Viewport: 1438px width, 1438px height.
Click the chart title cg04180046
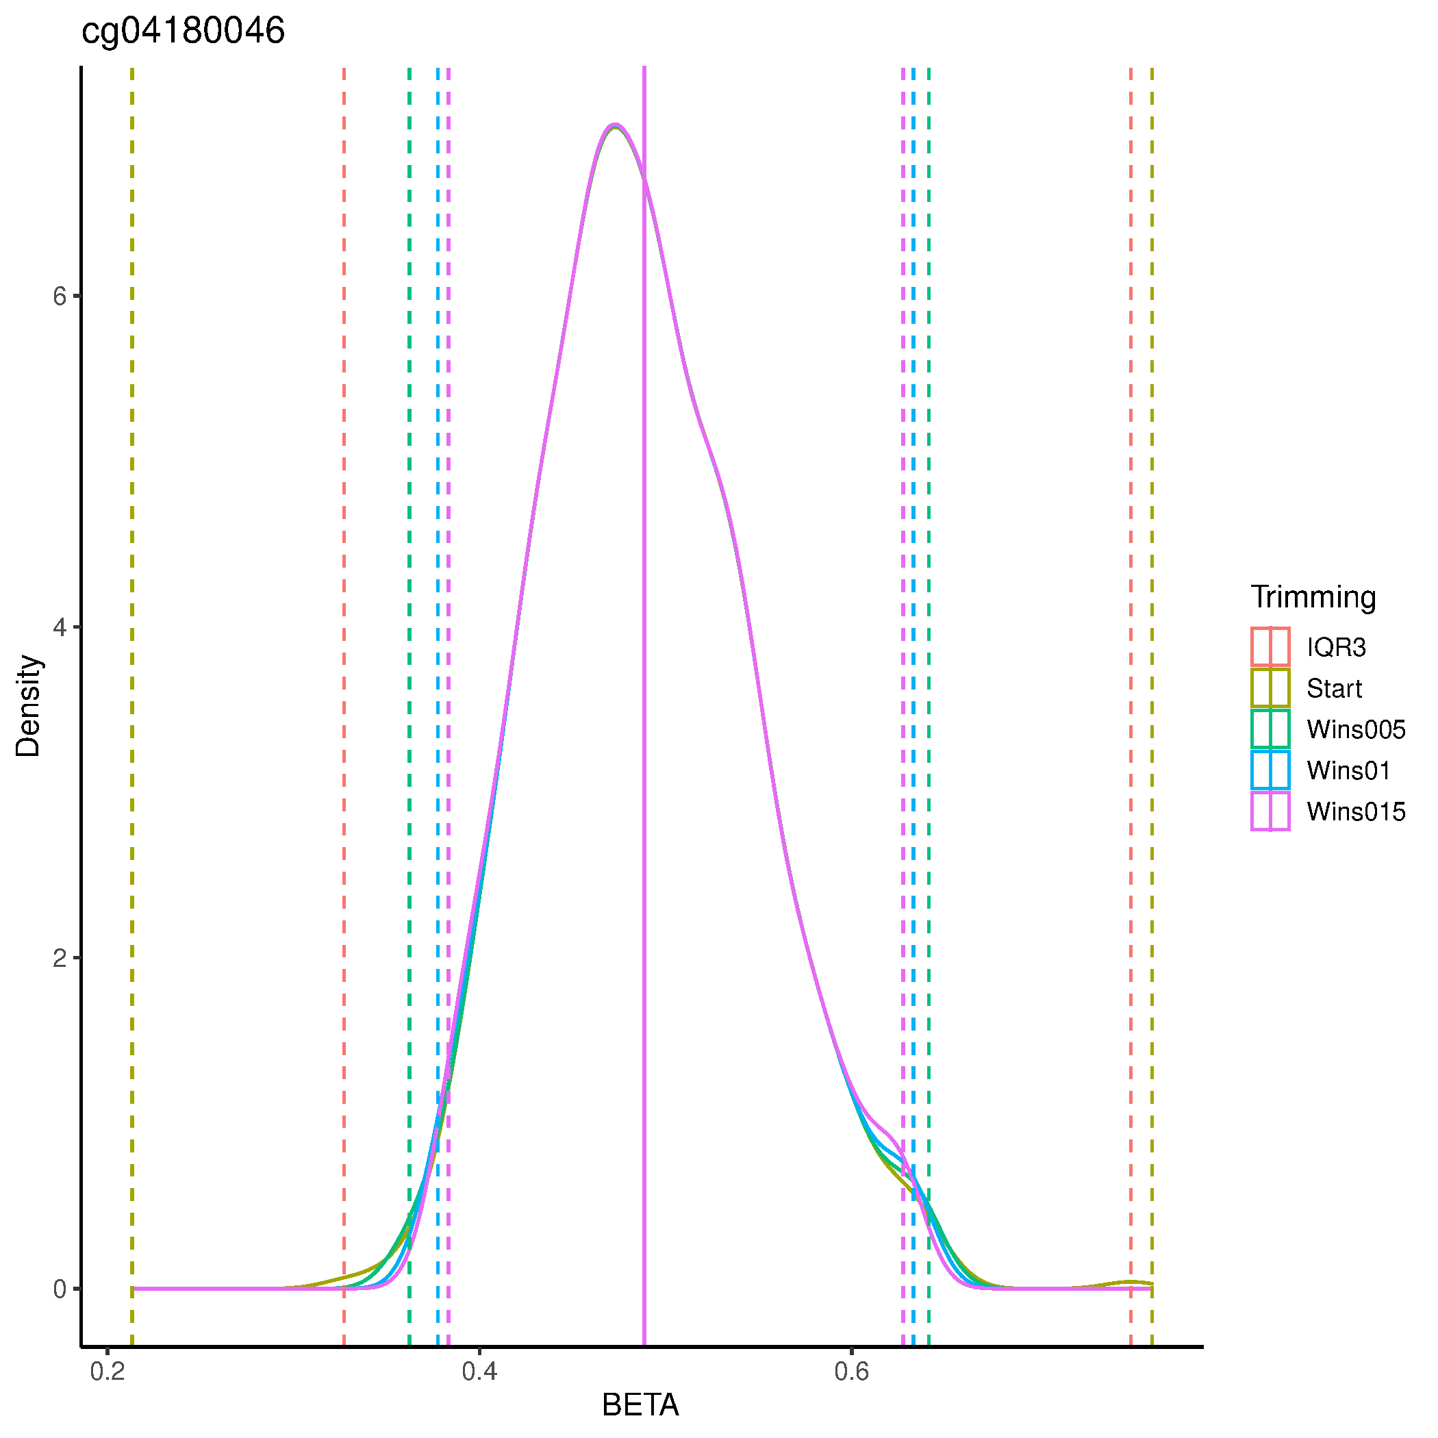point(182,32)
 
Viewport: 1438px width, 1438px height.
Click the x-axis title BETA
point(640,1405)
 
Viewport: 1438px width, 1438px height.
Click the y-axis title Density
point(28,705)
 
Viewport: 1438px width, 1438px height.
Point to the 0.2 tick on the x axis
point(108,1371)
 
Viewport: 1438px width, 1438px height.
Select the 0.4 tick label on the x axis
point(479,1371)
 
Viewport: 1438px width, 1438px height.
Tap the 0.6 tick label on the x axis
point(851,1371)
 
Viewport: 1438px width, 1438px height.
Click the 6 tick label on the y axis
point(60,297)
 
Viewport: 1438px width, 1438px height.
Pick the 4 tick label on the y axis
point(60,627)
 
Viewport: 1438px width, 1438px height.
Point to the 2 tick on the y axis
point(60,958)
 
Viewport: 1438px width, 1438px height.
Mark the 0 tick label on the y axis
point(60,1289)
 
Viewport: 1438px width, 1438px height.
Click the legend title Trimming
point(1313,597)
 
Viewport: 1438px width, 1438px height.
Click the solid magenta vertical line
point(644,744)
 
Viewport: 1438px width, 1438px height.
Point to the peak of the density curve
point(615,125)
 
